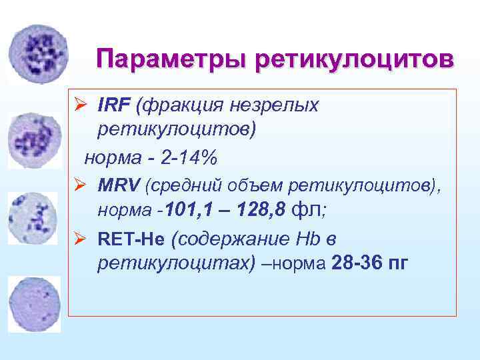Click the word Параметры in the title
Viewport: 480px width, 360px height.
171,59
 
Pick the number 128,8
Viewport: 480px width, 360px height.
261,211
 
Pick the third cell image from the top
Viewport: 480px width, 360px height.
33,218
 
